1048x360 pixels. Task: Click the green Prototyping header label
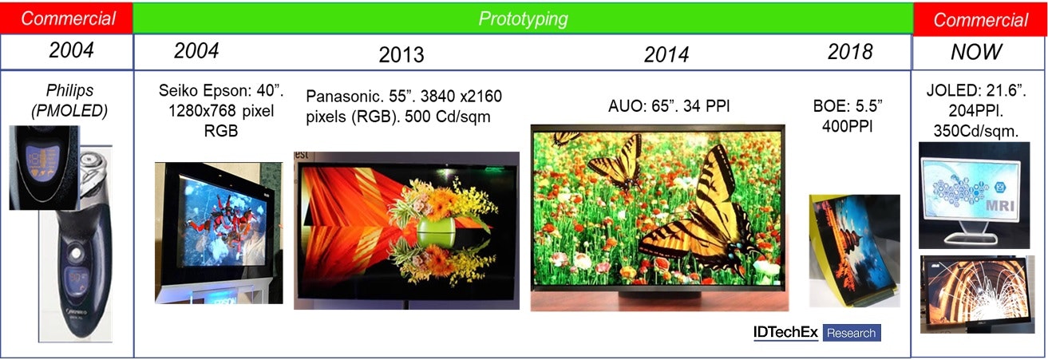pos(523,19)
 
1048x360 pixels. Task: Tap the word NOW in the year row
pos(976,52)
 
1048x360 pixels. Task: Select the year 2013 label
pos(401,55)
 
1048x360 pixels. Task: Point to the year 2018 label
pos(850,52)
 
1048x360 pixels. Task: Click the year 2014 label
pos(666,54)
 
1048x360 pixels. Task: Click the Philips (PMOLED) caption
pos(69,101)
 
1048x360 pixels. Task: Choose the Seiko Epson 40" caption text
pos(221,110)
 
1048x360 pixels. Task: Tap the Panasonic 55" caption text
pos(404,106)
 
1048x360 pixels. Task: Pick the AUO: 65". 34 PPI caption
pos(669,106)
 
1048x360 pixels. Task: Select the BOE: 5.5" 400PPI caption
pos(848,116)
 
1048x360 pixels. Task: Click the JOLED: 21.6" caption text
pos(976,110)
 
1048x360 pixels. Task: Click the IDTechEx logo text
pos(785,332)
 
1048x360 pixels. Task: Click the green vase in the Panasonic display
pos(435,232)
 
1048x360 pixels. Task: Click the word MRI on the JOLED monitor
pos(1000,206)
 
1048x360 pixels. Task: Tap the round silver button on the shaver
pos(75,254)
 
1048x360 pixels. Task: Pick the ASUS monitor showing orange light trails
pos(977,293)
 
